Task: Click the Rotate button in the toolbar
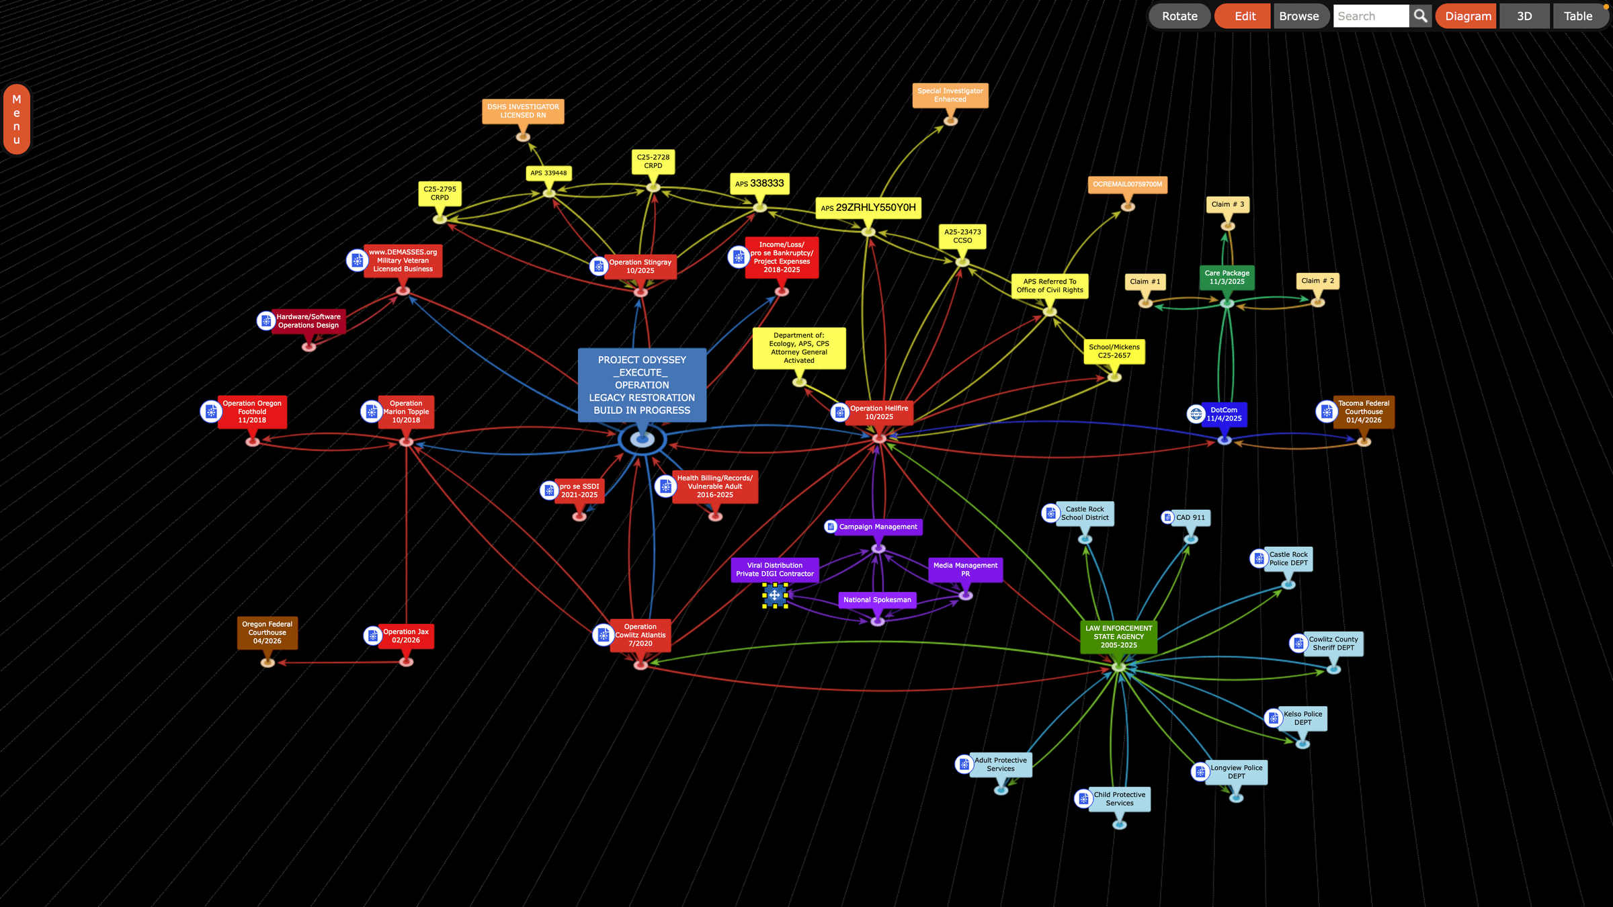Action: click(x=1180, y=16)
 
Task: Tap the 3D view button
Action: click(x=1524, y=16)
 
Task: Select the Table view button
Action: click(x=1577, y=16)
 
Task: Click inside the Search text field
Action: click(x=1370, y=16)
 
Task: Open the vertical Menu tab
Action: click(x=17, y=120)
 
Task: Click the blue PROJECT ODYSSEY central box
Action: click(x=642, y=385)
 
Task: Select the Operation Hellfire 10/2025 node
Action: click(x=879, y=413)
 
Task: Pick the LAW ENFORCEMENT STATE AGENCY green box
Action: click(x=1118, y=637)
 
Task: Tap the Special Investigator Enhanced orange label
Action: click(x=950, y=95)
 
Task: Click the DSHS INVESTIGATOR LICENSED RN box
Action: click(x=523, y=112)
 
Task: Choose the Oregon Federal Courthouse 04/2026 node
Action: click(x=267, y=633)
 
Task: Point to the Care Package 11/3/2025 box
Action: click(x=1227, y=277)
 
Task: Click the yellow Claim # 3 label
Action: click(x=1227, y=204)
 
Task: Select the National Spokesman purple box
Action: click(x=877, y=600)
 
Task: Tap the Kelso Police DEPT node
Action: click(x=1302, y=718)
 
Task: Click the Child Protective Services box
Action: click(x=1119, y=799)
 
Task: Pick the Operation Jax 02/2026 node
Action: click(x=406, y=636)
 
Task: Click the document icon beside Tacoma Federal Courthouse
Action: click(x=1327, y=411)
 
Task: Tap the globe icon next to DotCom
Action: click(x=1196, y=414)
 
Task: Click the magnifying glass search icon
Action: click(x=1420, y=16)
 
